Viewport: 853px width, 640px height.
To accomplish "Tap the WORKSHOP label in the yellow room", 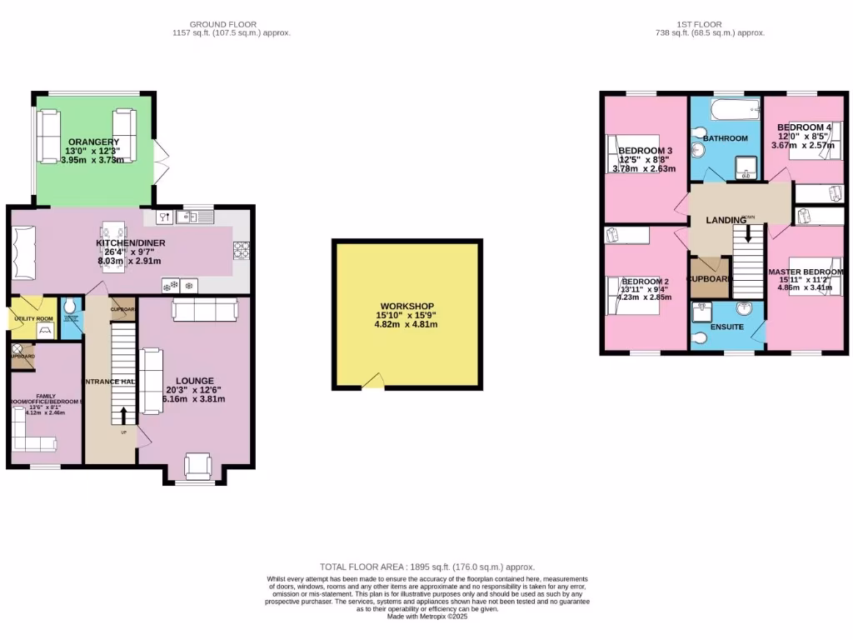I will click(406, 307).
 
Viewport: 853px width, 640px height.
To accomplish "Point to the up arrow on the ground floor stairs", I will click(124, 415).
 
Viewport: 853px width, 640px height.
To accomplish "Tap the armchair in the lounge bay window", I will click(199, 466).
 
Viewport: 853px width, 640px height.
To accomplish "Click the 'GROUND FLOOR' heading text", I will click(222, 24).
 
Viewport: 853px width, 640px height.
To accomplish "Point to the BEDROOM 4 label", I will click(804, 127).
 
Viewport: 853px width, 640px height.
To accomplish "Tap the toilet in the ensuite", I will click(700, 337).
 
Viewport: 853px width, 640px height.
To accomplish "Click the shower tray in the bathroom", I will click(746, 172).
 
